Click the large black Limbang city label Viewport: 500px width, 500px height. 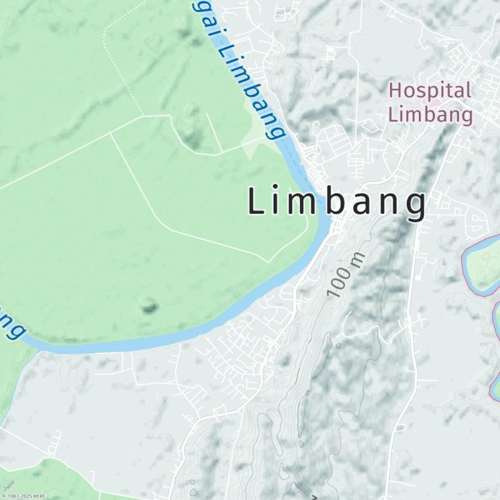click(x=337, y=202)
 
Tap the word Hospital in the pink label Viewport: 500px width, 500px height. click(x=429, y=91)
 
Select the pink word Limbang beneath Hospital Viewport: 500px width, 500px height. click(x=430, y=115)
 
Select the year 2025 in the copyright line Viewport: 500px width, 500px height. click(x=27, y=496)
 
